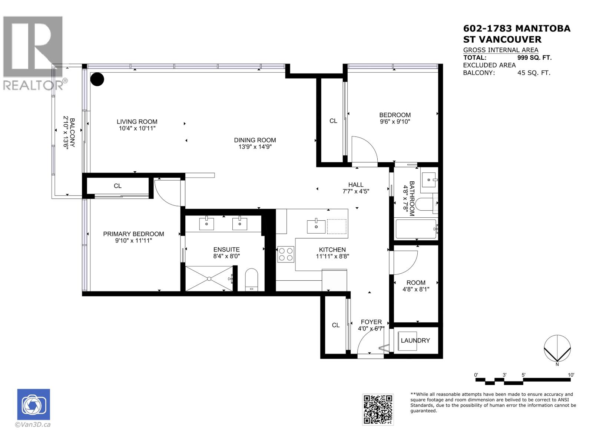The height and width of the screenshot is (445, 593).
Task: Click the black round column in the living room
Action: [x=97, y=79]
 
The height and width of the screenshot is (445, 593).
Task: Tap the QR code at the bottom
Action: [x=378, y=409]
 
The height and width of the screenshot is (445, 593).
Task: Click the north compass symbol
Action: [x=557, y=348]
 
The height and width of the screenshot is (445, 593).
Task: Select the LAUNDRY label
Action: [x=415, y=340]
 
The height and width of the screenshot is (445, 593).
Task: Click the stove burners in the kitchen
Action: [x=286, y=254]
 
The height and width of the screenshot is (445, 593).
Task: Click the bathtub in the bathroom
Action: [x=416, y=229]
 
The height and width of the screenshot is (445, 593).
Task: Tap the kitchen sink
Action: [x=316, y=226]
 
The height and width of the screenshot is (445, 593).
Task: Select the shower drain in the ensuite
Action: [x=209, y=278]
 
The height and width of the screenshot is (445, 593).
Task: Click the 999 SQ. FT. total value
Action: [x=534, y=57]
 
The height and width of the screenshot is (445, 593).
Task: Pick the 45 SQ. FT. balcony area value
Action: [x=534, y=73]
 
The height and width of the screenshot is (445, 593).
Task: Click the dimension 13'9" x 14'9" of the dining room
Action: [x=255, y=147]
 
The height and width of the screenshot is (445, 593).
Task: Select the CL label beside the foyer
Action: [x=336, y=325]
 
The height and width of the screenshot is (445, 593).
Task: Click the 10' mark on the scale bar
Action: [x=571, y=375]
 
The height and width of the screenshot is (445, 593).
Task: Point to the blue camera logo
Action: [x=34, y=405]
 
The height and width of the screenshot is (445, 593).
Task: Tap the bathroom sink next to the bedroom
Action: [x=429, y=180]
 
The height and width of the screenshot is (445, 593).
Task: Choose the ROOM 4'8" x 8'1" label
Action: [x=416, y=286]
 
